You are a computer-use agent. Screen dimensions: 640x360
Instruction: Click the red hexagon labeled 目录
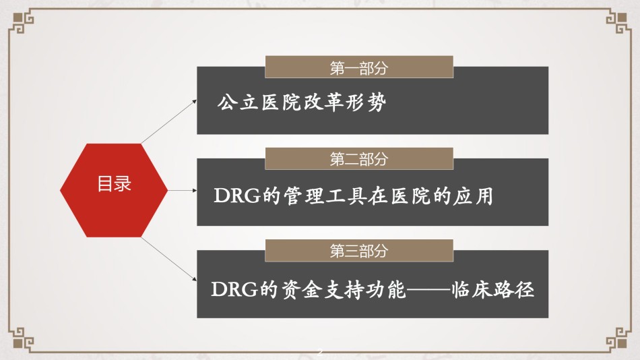(x=114, y=190)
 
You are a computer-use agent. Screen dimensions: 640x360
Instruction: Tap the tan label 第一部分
(x=359, y=67)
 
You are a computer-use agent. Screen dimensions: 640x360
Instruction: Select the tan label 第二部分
(x=359, y=158)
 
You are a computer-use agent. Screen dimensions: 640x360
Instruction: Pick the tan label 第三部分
(x=359, y=251)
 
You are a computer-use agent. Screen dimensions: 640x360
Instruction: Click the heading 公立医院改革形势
(x=302, y=102)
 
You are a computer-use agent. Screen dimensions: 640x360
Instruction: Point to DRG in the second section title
(x=237, y=196)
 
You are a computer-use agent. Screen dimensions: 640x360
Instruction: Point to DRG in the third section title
(x=234, y=289)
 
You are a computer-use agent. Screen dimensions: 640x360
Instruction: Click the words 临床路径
(x=492, y=289)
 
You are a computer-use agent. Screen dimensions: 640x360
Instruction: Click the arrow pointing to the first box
(x=169, y=121)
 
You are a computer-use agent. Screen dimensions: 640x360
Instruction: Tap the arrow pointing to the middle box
(x=183, y=190)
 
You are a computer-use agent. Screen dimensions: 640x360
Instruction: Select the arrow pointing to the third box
(x=169, y=260)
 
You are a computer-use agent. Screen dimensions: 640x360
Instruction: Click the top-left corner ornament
(x=22, y=23)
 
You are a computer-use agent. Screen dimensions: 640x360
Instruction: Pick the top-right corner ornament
(x=618, y=23)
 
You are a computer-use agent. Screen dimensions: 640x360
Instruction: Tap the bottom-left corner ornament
(x=22, y=338)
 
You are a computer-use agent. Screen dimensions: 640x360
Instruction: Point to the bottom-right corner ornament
(x=618, y=338)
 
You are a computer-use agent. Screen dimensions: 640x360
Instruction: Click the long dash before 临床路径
(x=428, y=290)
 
